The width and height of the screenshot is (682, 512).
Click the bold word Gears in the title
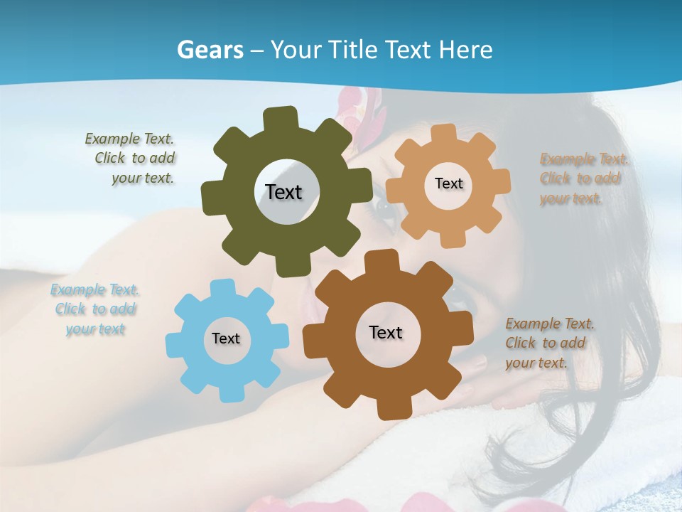coord(210,50)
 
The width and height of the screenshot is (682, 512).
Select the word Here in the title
coord(466,50)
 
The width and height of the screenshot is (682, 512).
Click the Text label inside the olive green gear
coord(283,192)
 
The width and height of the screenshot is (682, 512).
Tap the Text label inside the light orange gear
coord(448,183)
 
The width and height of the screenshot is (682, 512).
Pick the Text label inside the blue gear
coord(226,338)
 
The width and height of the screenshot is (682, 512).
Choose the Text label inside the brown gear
coord(386,332)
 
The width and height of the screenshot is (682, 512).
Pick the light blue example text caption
coord(94,309)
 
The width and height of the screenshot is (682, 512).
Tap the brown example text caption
coord(548,343)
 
